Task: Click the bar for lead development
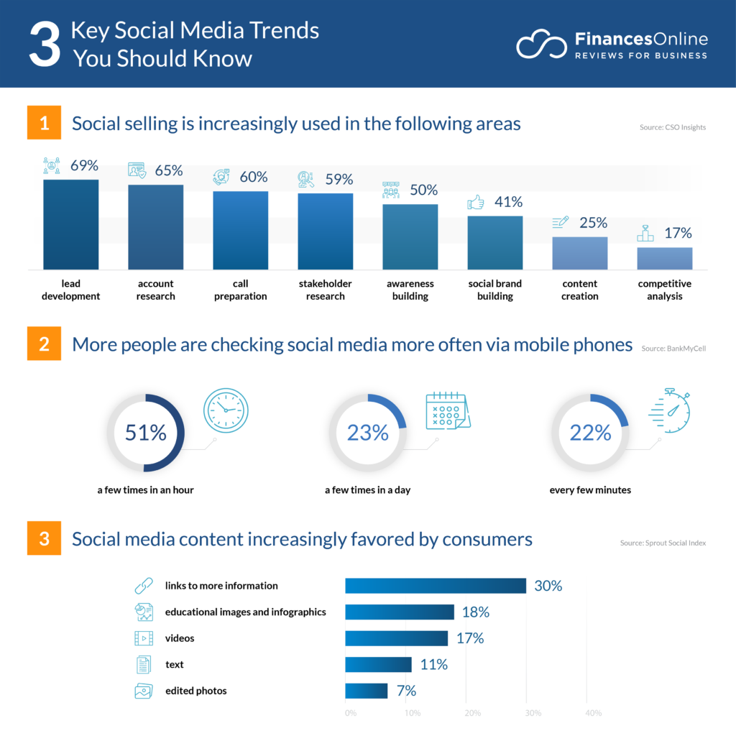point(70,224)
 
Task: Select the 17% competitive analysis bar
point(664,258)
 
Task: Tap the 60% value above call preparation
point(253,177)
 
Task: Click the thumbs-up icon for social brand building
point(475,203)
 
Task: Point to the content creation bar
point(579,253)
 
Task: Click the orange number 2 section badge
point(44,344)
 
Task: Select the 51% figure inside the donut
point(145,433)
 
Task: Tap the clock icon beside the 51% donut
point(225,411)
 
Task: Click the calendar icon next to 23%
point(447,411)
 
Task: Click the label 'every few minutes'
point(590,490)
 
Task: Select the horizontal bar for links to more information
point(436,586)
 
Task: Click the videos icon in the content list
point(144,638)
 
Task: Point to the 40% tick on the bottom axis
point(593,713)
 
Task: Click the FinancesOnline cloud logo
point(541,45)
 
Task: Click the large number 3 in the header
point(45,45)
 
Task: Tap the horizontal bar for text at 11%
point(378,665)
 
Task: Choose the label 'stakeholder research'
point(325,290)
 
